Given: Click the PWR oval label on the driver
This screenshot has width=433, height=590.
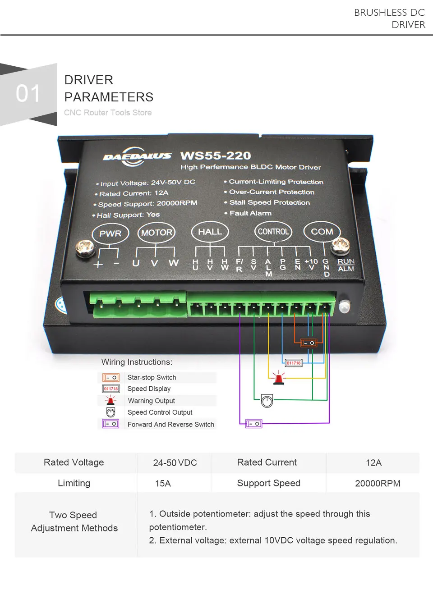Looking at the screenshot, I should [x=111, y=233].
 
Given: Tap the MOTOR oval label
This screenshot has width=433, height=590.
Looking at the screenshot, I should [x=157, y=233].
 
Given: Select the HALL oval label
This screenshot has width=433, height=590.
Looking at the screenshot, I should [x=210, y=232].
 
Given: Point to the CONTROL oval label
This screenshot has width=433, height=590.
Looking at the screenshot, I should [x=273, y=232].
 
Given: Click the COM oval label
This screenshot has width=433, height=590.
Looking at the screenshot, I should [x=322, y=232].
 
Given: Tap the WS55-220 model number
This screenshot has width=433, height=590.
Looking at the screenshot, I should [x=216, y=156].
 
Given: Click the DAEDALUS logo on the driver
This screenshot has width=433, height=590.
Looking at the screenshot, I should [x=137, y=156].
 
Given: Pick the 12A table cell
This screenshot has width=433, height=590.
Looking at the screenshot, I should [x=373, y=463].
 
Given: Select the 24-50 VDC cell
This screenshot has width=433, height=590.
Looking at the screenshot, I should [x=175, y=463].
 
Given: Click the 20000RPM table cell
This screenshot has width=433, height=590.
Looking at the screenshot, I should [x=378, y=484].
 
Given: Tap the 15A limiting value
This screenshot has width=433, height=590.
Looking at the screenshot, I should [x=163, y=484].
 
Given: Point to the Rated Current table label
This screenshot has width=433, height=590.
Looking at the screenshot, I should [x=267, y=462].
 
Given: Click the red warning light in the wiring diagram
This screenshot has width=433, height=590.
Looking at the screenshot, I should [x=279, y=378].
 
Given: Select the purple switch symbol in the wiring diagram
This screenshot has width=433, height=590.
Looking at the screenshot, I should [x=253, y=424].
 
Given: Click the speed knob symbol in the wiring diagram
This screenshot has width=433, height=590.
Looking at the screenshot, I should [x=267, y=401].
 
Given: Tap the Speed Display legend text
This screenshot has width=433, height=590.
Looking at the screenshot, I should [x=149, y=389].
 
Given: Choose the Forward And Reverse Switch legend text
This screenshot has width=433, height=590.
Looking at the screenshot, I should [x=170, y=425].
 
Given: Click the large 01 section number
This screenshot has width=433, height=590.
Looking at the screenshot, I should [x=28, y=94].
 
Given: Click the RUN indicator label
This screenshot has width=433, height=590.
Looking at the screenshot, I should [x=346, y=261].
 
